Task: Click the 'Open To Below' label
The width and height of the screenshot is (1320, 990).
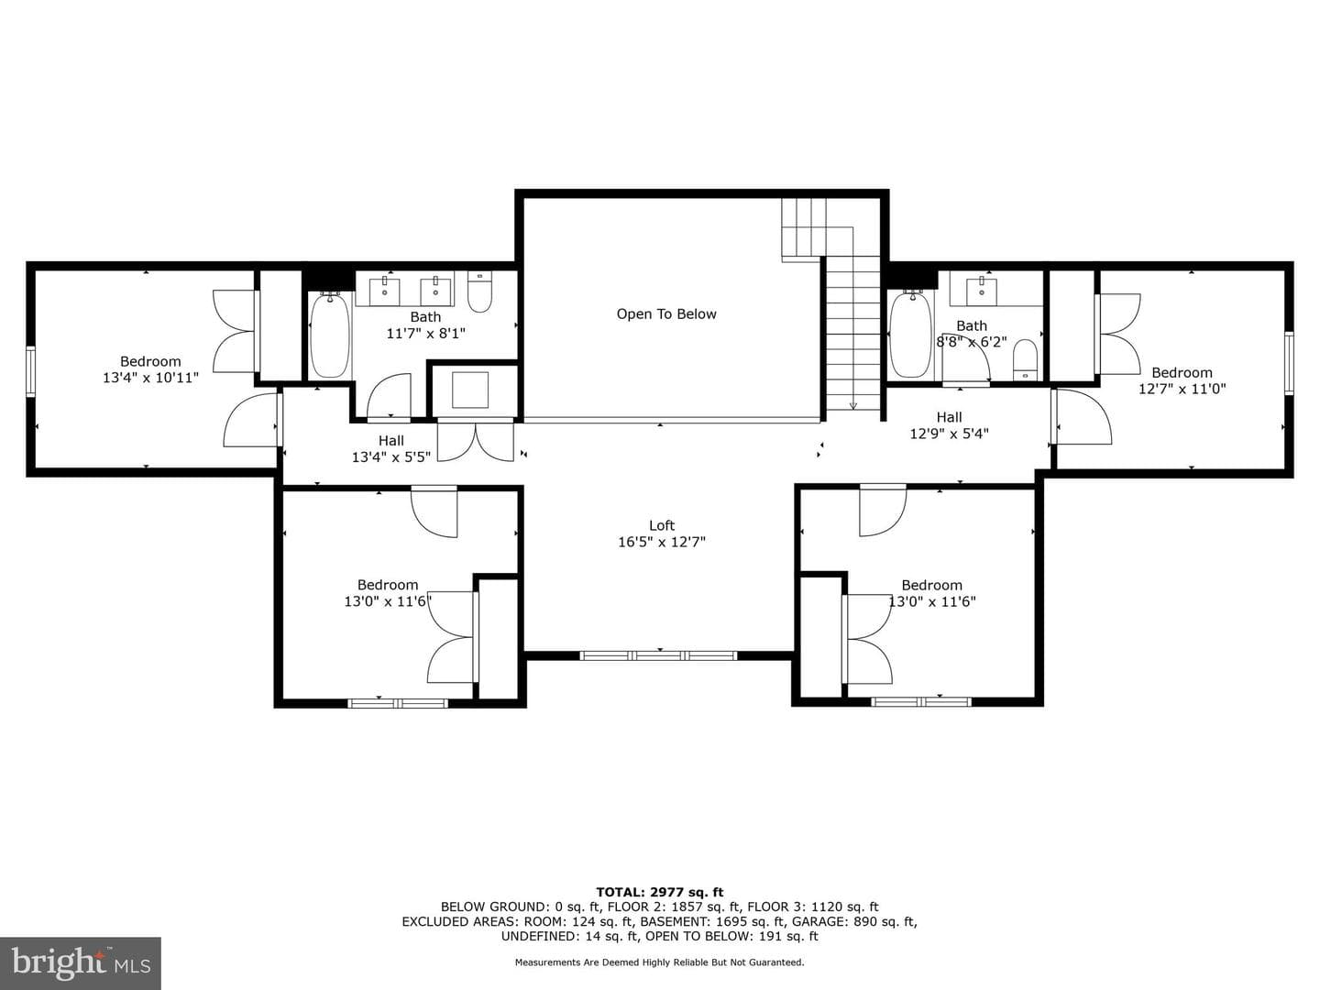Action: pyautogui.click(x=666, y=313)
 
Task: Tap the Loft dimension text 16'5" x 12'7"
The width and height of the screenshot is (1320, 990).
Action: pyautogui.click(x=662, y=542)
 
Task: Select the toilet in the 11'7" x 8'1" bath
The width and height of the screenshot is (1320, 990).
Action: pyautogui.click(x=479, y=291)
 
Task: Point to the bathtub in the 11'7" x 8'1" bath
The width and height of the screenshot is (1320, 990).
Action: pyautogui.click(x=330, y=335)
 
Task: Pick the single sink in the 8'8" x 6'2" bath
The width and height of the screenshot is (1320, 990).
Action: pyautogui.click(x=982, y=291)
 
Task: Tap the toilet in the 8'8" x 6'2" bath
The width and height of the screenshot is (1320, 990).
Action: pyautogui.click(x=1025, y=360)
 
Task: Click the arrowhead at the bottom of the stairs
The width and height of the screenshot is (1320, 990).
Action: pyautogui.click(x=852, y=406)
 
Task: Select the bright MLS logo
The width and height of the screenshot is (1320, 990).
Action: pyautogui.click(x=81, y=963)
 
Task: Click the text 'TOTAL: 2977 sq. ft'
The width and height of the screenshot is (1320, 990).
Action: pyautogui.click(x=660, y=892)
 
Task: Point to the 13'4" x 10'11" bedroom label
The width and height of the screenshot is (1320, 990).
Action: pyautogui.click(x=150, y=369)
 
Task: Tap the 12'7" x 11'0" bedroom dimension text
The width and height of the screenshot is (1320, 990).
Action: pyautogui.click(x=1182, y=389)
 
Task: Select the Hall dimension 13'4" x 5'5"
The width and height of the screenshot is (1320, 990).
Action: pyautogui.click(x=390, y=456)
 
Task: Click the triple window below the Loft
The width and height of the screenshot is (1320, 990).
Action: pyautogui.click(x=658, y=655)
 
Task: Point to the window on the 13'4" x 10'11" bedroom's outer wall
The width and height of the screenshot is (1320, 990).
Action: pyautogui.click(x=30, y=371)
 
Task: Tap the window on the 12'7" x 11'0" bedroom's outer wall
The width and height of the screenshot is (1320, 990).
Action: pyautogui.click(x=1289, y=363)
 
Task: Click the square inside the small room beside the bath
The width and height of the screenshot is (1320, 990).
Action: pyautogui.click(x=470, y=390)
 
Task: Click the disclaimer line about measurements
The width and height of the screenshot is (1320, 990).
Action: pyautogui.click(x=659, y=962)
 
